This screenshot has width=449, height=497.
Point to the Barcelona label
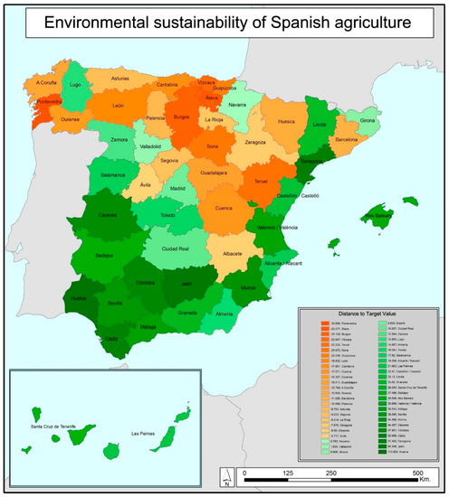tap(352, 140)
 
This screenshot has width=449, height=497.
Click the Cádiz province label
tap(110, 339)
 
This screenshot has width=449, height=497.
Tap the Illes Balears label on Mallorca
tap(380, 217)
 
